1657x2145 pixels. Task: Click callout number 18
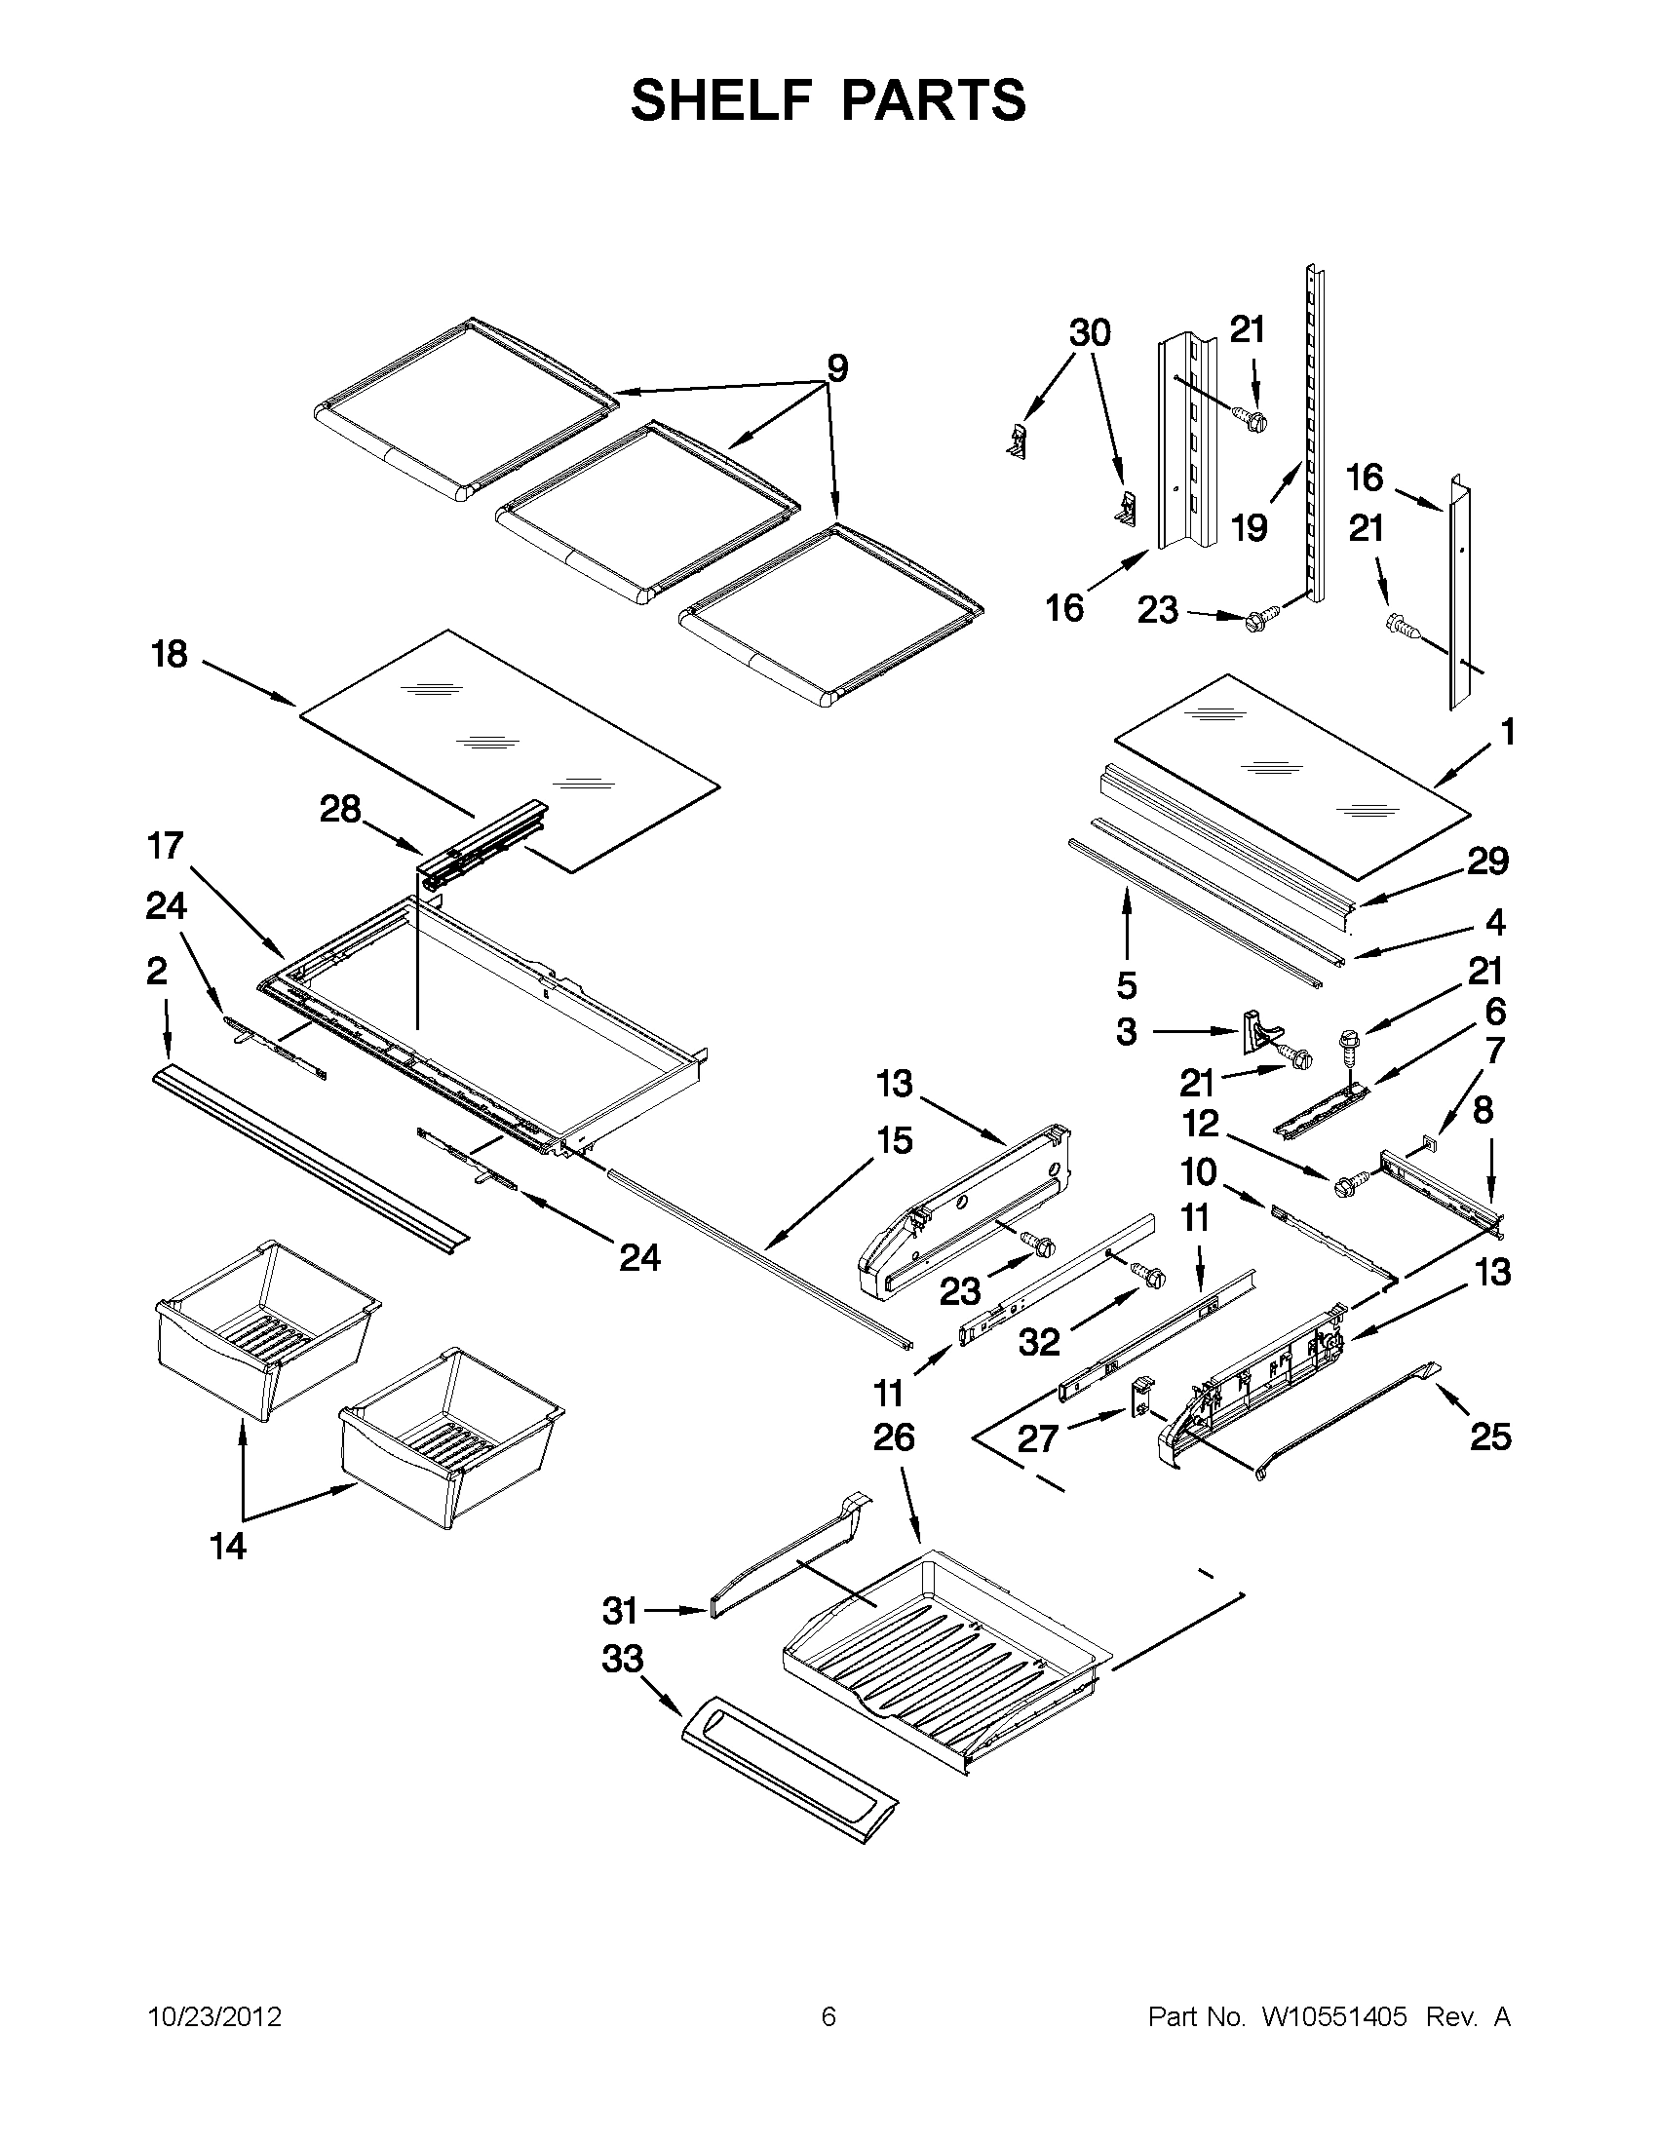point(170,654)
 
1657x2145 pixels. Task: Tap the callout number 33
point(623,1659)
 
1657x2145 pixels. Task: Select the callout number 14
point(228,1547)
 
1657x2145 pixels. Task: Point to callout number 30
point(1090,333)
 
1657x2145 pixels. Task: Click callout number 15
point(895,1141)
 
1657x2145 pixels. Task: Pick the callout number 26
point(894,1437)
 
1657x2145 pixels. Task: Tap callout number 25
point(1489,1436)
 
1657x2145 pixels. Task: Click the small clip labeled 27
point(1141,1396)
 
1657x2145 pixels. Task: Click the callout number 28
point(340,810)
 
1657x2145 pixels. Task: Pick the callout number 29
point(1487,862)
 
